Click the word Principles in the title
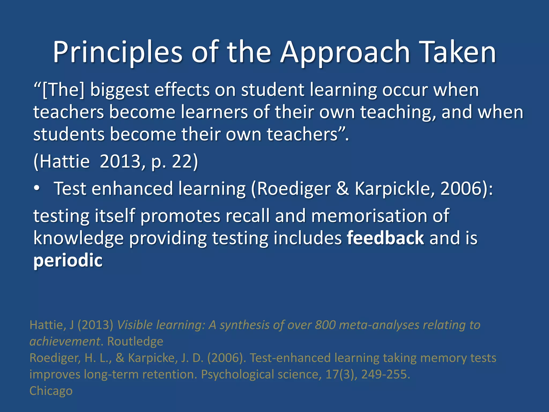tap(117, 52)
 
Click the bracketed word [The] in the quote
tap(63, 90)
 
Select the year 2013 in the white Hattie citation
tap(120, 161)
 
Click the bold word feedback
tap(385, 238)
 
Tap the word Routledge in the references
tap(135, 341)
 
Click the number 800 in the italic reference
tap(325, 325)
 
